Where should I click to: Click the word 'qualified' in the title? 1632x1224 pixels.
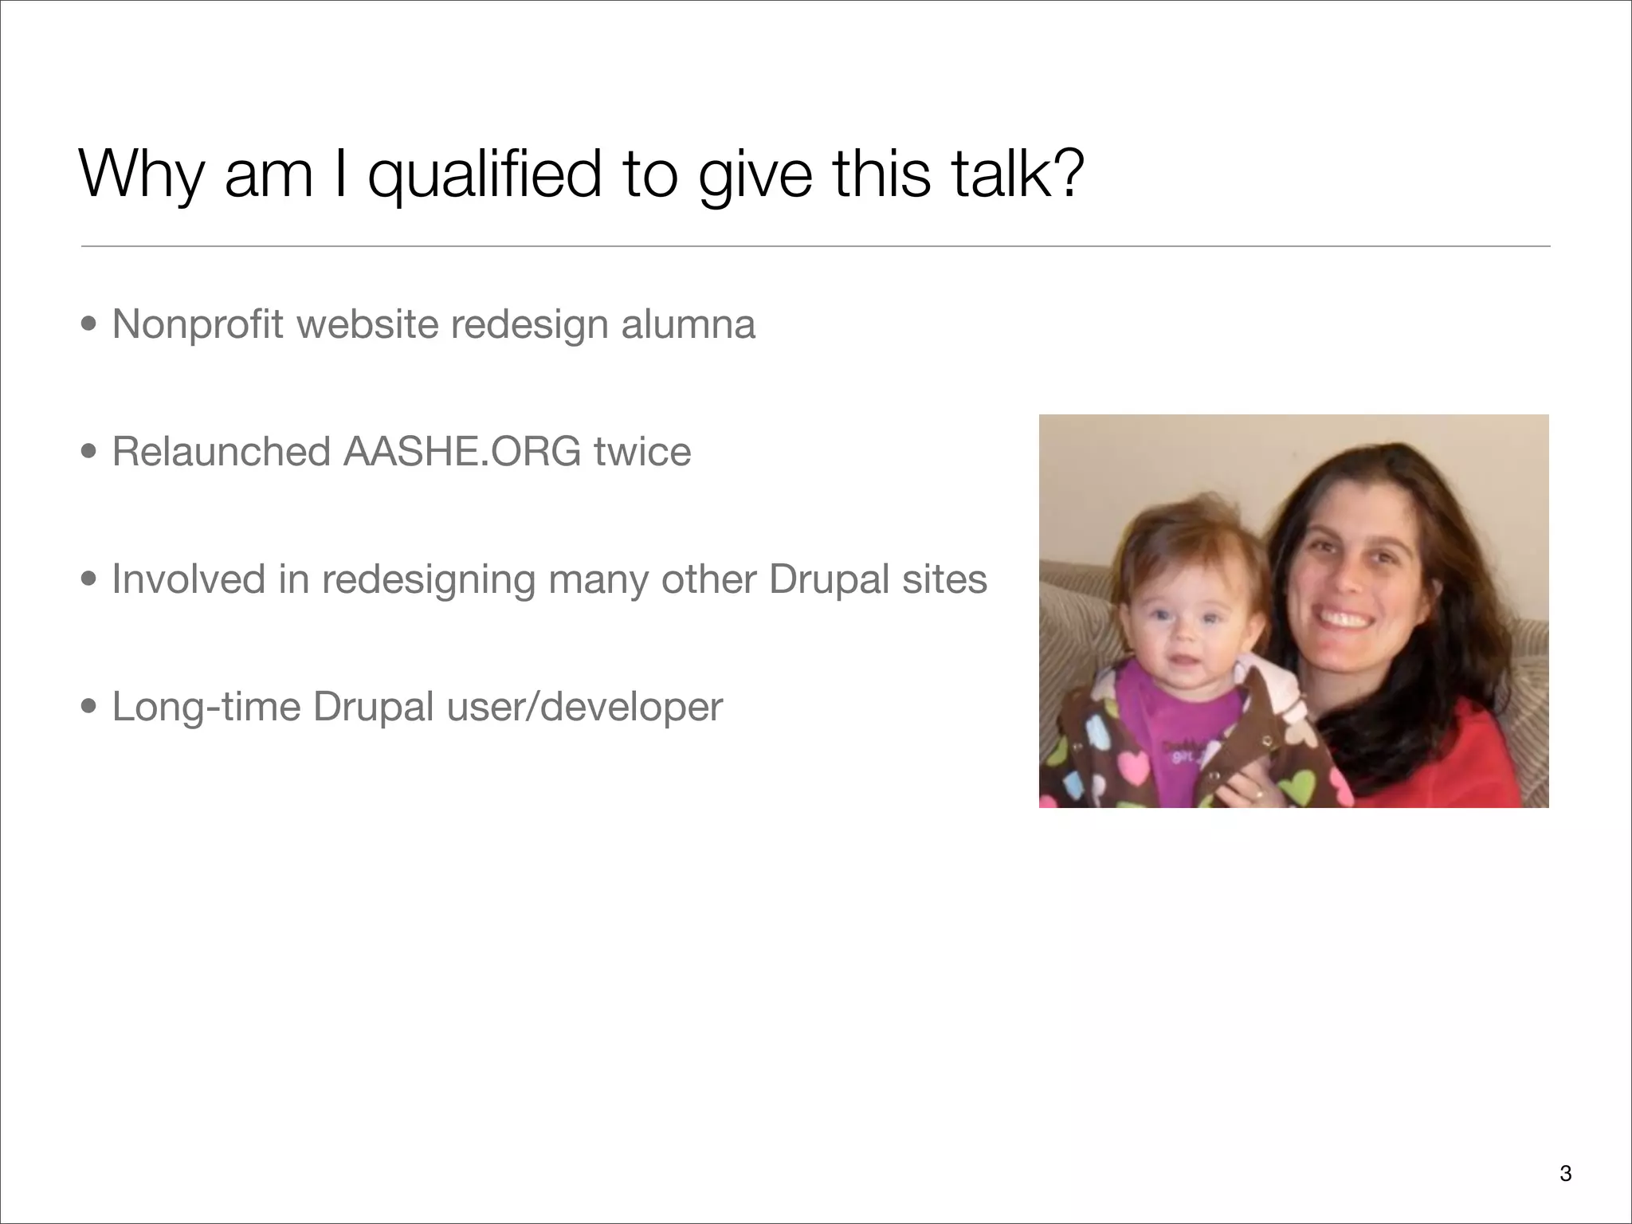point(484,175)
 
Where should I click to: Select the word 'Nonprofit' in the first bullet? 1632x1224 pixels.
point(198,324)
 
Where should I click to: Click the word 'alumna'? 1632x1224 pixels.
point(688,324)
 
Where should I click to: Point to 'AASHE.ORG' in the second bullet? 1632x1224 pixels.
point(462,452)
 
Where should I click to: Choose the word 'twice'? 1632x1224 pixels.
point(642,452)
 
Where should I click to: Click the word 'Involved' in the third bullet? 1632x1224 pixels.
point(188,579)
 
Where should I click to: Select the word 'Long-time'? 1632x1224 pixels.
point(206,707)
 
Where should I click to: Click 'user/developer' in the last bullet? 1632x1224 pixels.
point(584,707)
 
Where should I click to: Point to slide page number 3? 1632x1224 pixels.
point(1565,1174)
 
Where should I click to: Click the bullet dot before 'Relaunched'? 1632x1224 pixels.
point(89,453)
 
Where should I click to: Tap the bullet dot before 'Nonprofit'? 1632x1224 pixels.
point(89,325)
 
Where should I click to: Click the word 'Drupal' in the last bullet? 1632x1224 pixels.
point(373,707)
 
